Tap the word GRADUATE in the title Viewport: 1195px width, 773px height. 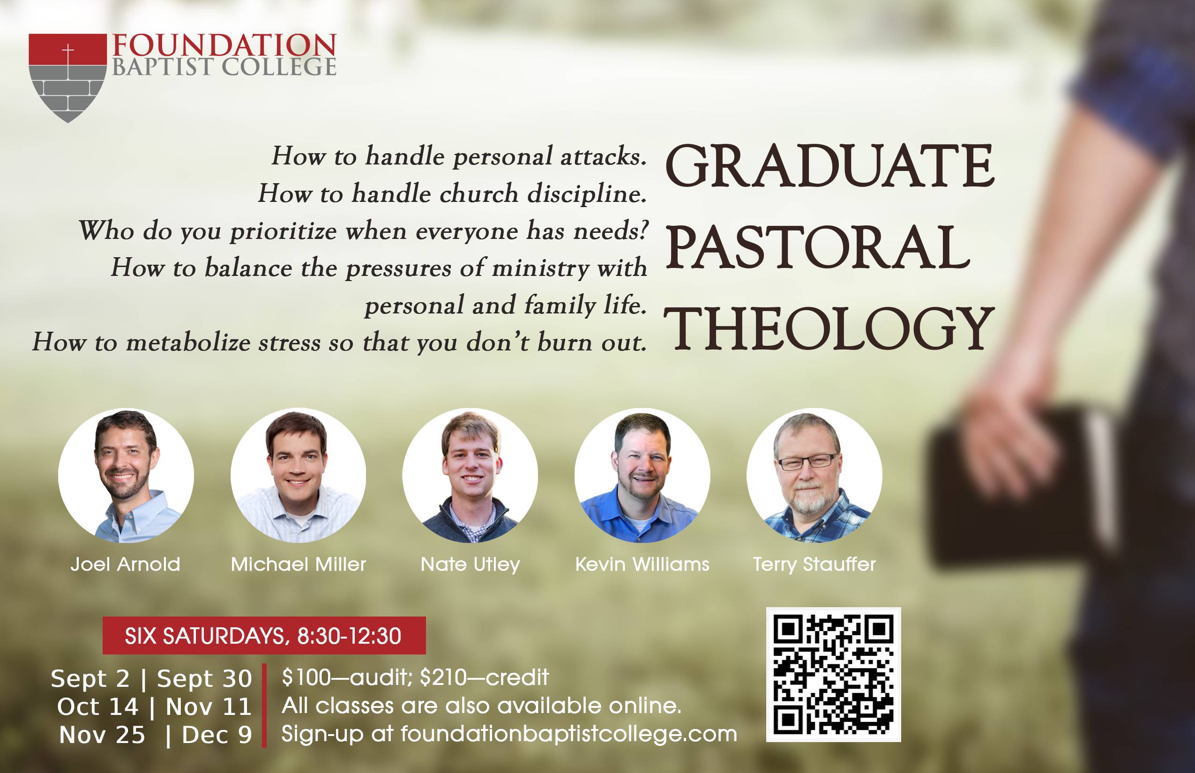(x=829, y=166)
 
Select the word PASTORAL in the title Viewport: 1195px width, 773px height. (x=817, y=246)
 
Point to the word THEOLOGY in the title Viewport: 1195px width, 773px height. (x=829, y=329)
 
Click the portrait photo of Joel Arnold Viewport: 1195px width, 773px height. (x=126, y=476)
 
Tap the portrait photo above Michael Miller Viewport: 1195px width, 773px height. (x=298, y=476)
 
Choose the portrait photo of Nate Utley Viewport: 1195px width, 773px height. (x=470, y=476)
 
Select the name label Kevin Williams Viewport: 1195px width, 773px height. (x=642, y=564)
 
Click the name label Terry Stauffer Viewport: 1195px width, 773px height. (x=814, y=565)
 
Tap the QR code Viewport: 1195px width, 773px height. (x=834, y=675)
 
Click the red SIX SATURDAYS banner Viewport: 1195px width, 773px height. (x=264, y=635)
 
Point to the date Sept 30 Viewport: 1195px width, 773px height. (x=204, y=679)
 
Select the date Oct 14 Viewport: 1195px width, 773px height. (x=97, y=707)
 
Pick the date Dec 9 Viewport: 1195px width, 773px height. (x=217, y=735)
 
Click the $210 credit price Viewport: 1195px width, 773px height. (x=485, y=677)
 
